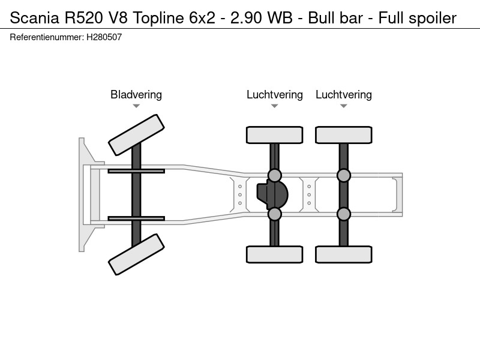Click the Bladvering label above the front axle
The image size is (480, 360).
pyautogui.click(x=136, y=95)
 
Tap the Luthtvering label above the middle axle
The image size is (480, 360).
pyautogui.click(x=275, y=95)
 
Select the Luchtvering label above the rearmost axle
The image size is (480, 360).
pyautogui.click(x=343, y=95)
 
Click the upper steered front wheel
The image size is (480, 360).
pyautogui.click(x=136, y=135)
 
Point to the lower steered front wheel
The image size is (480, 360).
pyautogui.click(x=136, y=254)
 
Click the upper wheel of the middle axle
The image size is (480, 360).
pyautogui.click(x=275, y=135)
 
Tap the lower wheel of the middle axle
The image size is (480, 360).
pyautogui.click(x=275, y=254)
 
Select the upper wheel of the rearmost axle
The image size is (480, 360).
pyautogui.click(x=343, y=135)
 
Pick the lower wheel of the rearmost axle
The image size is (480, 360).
pyautogui.click(x=343, y=254)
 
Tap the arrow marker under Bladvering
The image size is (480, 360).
pyautogui.click(x=136, y=106)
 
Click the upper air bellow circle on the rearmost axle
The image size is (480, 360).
pyautogui.click(x=343, y=175)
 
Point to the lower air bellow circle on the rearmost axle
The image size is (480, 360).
pyautogui.click(x=343, y=214)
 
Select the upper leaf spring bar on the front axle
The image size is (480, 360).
pyautogui.click(x=136, y=171)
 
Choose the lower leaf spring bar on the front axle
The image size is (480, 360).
pyautogui.click(x=136, y=218)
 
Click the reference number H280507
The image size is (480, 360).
pyautogui.click(x=104, y=37)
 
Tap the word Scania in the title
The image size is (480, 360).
pyautogui.click(x=34, y=18)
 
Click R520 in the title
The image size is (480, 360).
pyautogui.click(x=83, y=18)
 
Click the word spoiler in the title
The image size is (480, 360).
pyautogui.click(x=433, y=19)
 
